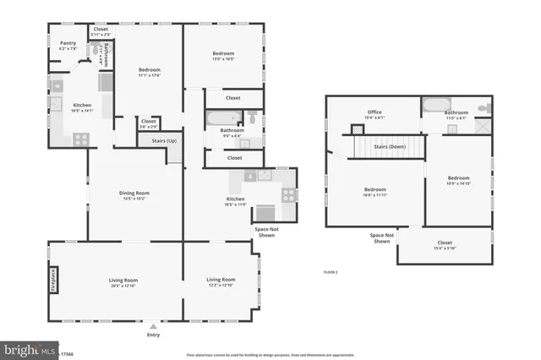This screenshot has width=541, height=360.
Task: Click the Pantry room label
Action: coord(68,45)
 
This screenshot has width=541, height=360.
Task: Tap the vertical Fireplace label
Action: coord(53,280)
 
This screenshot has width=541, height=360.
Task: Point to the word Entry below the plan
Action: coord(152,335)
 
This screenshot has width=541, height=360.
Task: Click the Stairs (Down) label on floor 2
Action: coord(378,145)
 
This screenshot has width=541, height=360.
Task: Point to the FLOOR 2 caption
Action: coord(331,272)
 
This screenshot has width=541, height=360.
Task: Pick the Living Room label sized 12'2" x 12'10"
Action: coord(221,280)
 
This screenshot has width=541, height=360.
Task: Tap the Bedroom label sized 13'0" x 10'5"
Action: coord(223,55)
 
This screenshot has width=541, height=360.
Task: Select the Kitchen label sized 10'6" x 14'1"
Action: coord(82,106)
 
